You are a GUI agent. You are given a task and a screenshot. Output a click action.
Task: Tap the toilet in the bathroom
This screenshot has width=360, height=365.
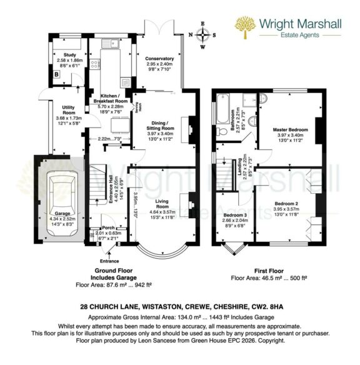[x=263, y=101]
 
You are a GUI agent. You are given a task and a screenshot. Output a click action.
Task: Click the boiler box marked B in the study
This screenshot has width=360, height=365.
[x=57, y=74]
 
